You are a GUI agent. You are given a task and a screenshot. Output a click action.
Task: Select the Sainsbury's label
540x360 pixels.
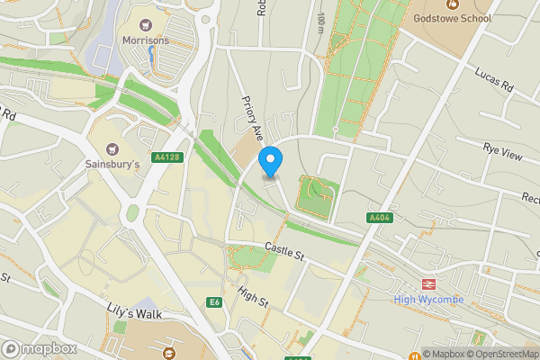coord(112,165)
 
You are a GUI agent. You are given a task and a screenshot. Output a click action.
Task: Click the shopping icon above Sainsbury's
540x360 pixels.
coord(112,148)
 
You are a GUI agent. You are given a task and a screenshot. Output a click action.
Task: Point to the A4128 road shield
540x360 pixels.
coord(167,157)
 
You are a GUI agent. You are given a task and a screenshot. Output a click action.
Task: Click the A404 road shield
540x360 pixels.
coord(380,219)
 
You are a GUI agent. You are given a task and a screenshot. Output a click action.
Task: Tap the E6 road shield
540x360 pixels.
coord(214,302)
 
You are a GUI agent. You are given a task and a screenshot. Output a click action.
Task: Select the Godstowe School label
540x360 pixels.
coord(453,18)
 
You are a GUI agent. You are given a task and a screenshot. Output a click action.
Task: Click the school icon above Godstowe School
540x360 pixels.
coord(453,4)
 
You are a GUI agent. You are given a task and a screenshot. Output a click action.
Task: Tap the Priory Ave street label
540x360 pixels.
coord(249,120)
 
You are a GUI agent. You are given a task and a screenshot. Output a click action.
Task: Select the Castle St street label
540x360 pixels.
coord(285,252)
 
